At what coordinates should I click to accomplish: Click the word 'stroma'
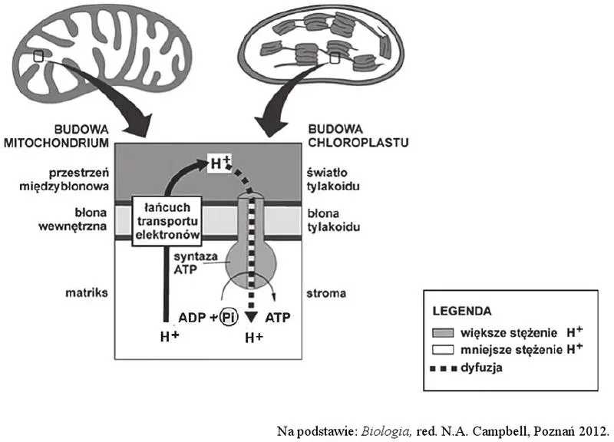(325, 292)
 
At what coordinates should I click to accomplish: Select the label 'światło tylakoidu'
(332, 180)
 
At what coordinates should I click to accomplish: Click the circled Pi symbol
(227, 317)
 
